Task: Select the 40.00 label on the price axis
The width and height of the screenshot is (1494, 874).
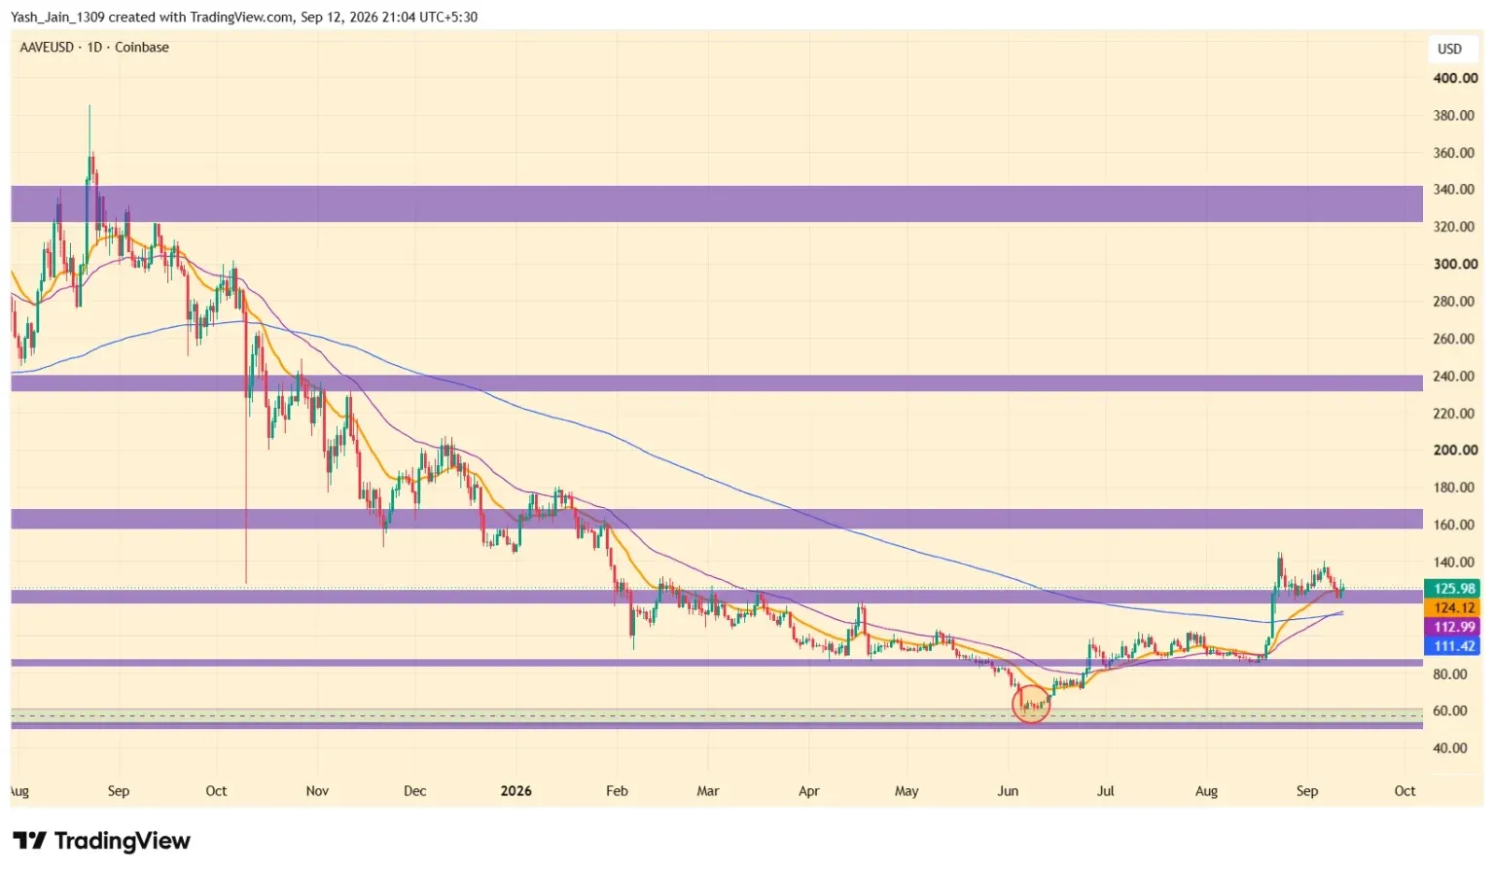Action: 1450,747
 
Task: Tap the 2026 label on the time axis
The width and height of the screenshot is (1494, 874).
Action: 516,790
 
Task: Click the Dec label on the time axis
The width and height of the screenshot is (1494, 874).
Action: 415,790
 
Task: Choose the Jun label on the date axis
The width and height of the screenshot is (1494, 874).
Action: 1007,790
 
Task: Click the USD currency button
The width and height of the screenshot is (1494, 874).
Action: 1449,49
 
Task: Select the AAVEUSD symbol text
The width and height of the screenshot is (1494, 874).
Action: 47,48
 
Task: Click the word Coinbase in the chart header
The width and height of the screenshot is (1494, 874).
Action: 141,48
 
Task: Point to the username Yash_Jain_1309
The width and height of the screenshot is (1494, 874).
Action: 57,18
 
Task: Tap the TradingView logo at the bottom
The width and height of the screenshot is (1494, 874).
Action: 101,841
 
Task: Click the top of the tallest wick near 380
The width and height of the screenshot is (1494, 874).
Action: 89,105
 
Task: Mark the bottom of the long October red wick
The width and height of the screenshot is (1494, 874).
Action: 246,583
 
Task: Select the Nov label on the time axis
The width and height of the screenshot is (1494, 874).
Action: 317,790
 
